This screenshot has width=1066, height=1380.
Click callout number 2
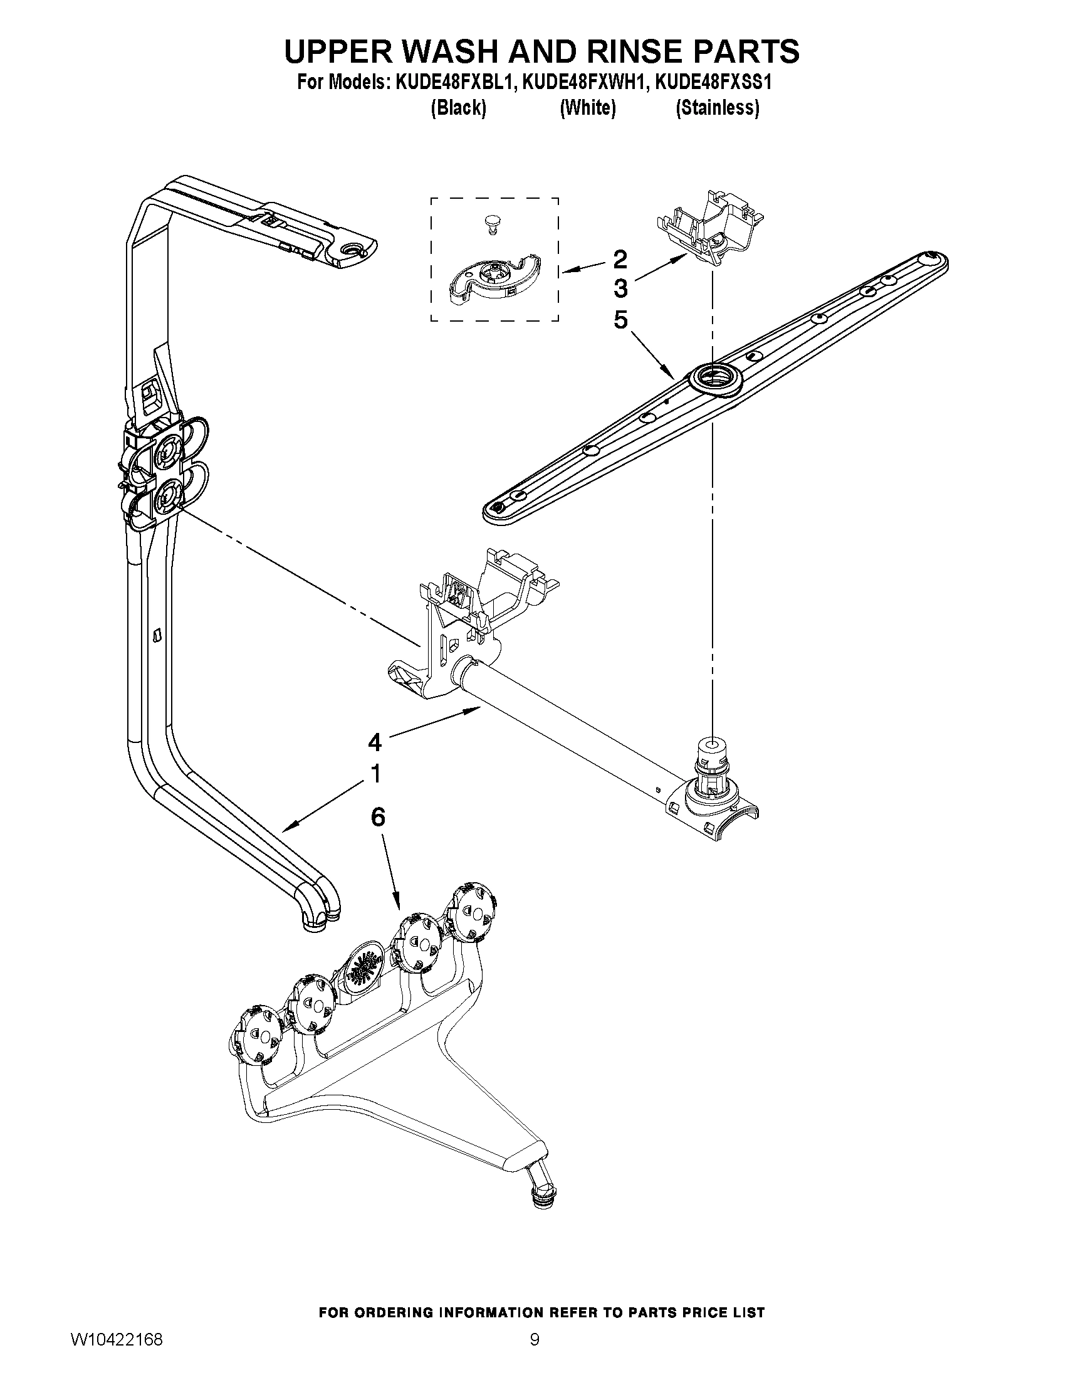tap(620, 259)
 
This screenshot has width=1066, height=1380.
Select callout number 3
tap(620, 290)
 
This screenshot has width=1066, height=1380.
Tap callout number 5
tap(620, 320)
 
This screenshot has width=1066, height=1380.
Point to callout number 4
tap(375, 742)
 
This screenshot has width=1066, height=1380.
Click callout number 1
tap(375, 774)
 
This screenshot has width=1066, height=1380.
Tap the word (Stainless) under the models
tap(718, 108)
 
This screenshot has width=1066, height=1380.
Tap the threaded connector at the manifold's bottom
tap(540, 1192)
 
